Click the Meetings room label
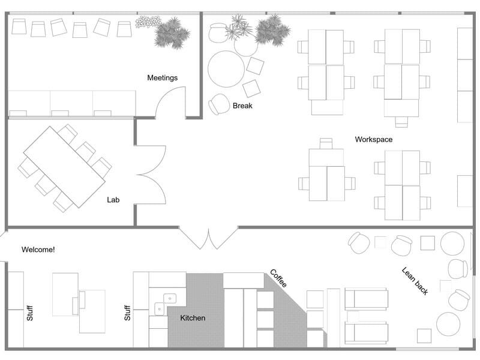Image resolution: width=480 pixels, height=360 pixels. [163, 78]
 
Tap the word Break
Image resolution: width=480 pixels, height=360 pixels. [242, 106]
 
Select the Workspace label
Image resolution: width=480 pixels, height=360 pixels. [373, 139]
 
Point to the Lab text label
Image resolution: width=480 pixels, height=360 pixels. [113, 200]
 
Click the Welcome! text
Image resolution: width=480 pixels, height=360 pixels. [38, 249]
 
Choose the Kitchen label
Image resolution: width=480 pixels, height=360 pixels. [193, 318]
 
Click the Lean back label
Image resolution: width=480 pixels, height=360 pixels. [415, 280]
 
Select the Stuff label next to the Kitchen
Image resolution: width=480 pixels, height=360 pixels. [127, 311]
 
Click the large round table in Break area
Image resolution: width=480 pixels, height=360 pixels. [226, 69]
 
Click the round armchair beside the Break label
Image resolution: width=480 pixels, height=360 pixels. [219, 104]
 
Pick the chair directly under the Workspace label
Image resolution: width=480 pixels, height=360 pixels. [326, 143]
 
